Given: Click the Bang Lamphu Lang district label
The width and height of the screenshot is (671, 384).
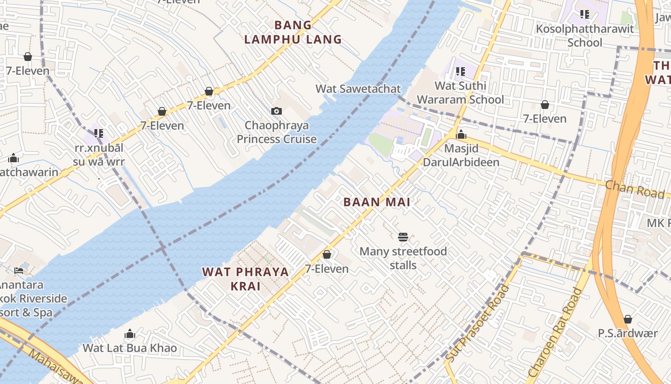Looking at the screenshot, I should pos(293,32).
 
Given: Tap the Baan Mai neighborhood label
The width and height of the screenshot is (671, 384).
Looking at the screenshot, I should pos(377,202).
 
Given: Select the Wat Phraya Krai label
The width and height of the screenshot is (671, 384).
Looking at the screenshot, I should pos(245,279).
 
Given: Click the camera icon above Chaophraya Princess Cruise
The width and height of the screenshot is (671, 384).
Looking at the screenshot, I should pos(276,111).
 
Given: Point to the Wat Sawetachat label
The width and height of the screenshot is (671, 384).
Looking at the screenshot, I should pos(358,89).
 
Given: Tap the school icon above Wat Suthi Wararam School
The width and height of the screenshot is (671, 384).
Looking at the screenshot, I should pos(460,72).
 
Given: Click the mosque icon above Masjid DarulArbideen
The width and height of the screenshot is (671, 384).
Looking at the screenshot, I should pos(461,134).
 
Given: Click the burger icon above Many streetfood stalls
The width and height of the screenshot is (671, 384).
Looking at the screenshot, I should pos(403,237).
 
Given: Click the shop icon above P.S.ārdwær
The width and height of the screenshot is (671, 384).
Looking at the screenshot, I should pos(627,319).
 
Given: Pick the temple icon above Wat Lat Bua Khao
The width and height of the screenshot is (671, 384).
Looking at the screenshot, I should pos(129,334).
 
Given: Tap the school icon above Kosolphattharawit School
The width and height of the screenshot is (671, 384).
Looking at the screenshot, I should pos(584,14).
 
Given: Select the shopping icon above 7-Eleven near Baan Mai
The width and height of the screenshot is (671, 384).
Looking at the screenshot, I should pos(327,254).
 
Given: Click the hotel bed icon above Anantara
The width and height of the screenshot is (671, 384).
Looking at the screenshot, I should pos(19,271).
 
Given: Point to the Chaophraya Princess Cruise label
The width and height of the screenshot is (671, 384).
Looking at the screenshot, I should pos(277,132).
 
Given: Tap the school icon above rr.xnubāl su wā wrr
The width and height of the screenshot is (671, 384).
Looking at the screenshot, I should pos(98,133).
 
